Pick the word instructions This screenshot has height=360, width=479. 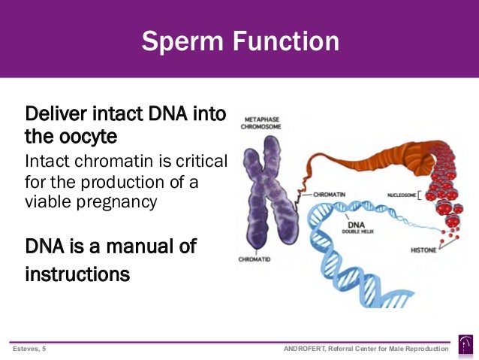77,274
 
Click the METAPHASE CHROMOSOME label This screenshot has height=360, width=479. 261,123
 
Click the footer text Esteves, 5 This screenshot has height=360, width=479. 29,349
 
